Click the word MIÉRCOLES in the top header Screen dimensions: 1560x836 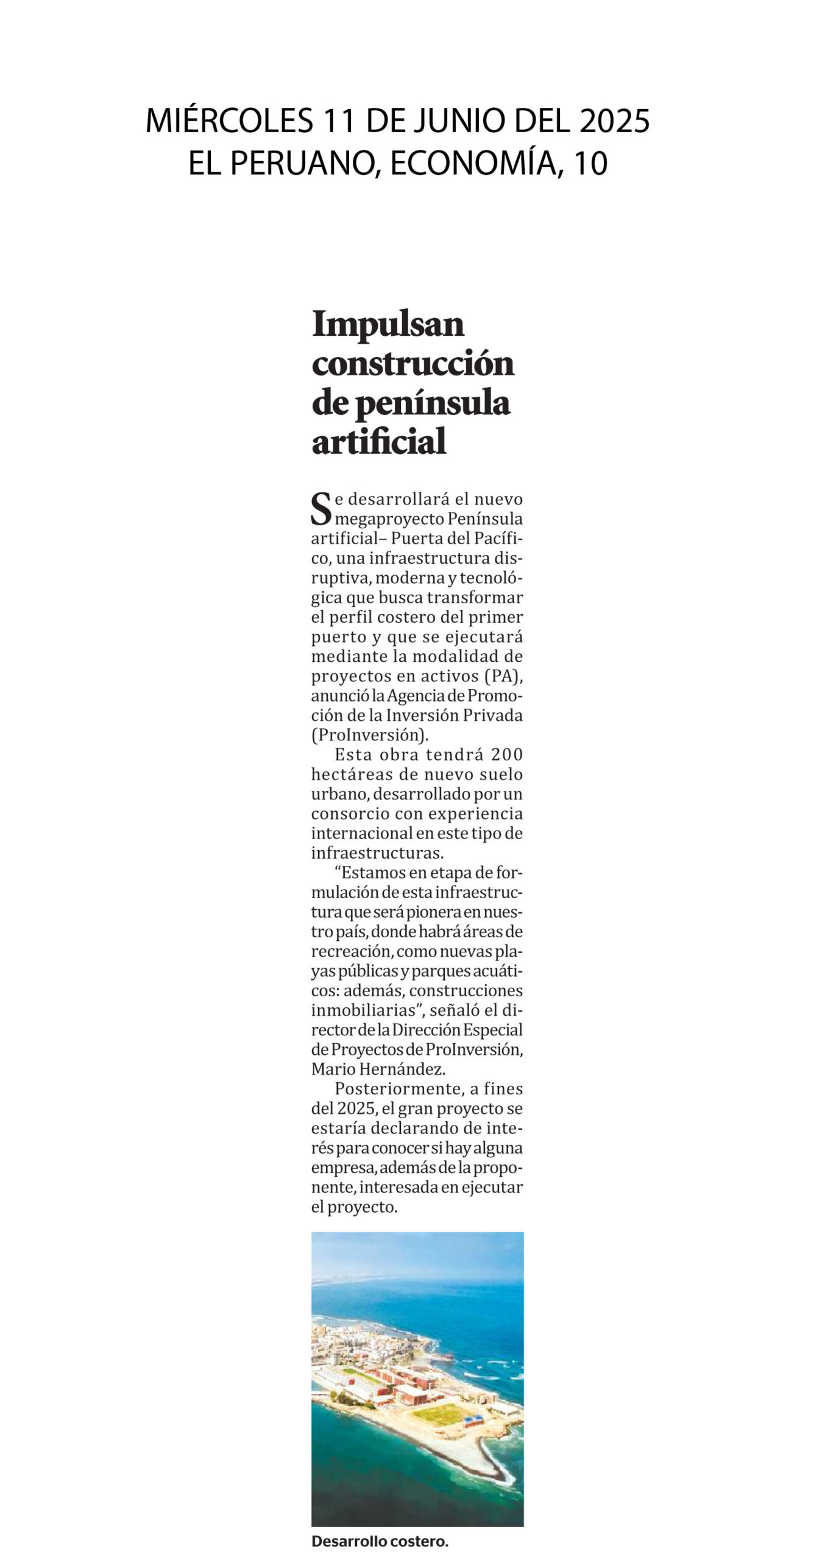[228, 121]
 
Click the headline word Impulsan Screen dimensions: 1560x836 [388, 324]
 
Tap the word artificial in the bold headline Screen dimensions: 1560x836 [379, 442]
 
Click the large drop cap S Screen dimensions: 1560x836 [321, 509]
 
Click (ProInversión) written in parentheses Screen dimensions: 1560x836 [370, 735]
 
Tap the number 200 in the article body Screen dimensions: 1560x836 [507, 755]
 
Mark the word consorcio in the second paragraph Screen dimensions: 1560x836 [350, 814]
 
